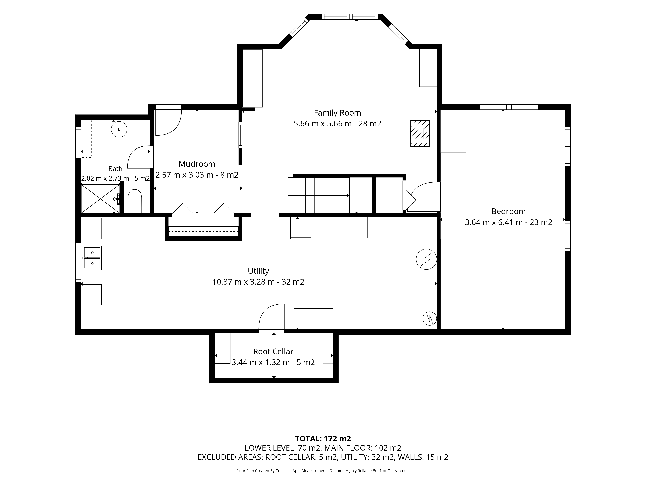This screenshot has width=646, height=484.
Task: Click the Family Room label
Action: click(x=337, y=113)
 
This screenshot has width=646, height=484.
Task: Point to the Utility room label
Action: click(x=258, y=271)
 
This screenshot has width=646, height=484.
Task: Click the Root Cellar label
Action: click(x=273, y=352)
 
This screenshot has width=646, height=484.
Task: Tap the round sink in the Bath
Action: click(x=119, y=129)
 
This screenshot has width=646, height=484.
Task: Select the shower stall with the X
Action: click(x=100, y=198)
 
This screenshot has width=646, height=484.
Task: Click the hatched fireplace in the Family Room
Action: click(x=420, y=133)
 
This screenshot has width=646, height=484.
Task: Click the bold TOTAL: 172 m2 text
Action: click(x=323, y=439)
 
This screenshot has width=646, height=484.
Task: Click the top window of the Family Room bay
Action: click(x=350, y=17)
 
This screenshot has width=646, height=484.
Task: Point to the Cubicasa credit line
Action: click(x=323, y=471)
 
